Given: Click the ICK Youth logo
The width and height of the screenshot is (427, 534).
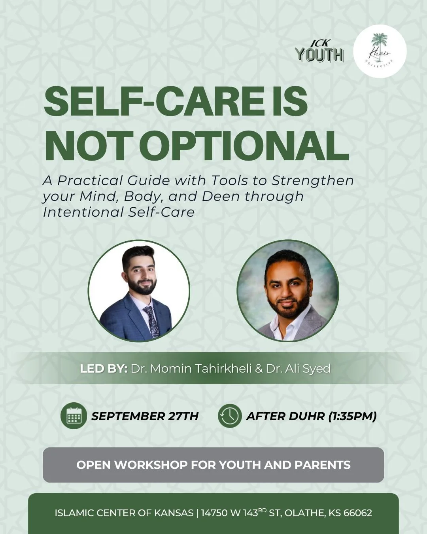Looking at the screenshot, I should pyautogui.click(x=319, y=52).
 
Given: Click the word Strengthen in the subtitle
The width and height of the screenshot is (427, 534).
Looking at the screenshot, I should pyautogui.click(x=312, y=180).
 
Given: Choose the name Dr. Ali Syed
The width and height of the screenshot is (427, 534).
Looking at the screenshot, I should pyautogui.click(x=298, y=369).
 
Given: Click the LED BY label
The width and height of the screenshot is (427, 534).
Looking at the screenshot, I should pyautogui.click(x=104, y=369).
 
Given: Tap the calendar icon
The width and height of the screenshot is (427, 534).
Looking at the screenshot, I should pyautogui.click(x=74, y=416).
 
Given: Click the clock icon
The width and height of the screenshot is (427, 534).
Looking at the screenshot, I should pyautogui.click(x=230, y=416).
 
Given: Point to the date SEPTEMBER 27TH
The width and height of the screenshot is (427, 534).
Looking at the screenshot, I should pyautogui.click(x=145, y=416).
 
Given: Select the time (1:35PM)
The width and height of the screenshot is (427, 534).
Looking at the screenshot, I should pyautogui.click(x=353, y=416).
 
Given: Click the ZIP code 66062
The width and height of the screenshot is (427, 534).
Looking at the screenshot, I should pyautogui.click(x=358, y=513).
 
